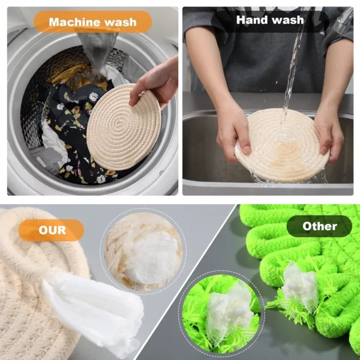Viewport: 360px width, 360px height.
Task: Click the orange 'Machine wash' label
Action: click(x=92, y=22)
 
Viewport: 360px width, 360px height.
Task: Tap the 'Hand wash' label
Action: click(x=269, y=20)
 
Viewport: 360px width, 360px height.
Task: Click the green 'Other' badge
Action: click(x=319, y=226)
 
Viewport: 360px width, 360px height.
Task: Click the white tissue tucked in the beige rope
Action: click(x=96, y=311)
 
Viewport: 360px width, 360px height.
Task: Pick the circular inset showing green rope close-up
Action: click(x=221, y=313)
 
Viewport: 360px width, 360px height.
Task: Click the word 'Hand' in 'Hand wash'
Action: click(x=252, y=20)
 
